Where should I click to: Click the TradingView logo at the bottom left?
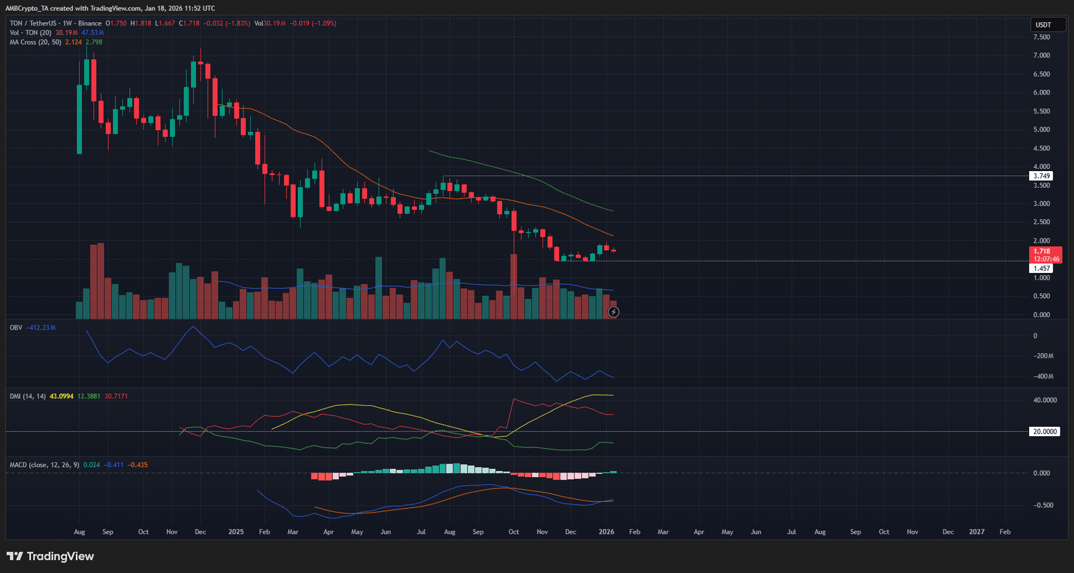click(x=50, y=556)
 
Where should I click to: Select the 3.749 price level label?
click(x=1041, y=176)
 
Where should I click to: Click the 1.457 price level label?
click(x=1041, y=268)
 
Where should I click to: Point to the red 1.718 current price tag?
click(x=1045, y=252)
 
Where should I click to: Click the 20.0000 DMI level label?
click(x=1044, y=431)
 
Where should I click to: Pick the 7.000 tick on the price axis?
click(x=1041, y=56)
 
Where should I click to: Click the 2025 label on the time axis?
click(x=236, y=532)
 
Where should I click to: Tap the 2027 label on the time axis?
click(x=976, y=532)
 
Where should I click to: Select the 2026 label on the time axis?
click(x=606, y=532)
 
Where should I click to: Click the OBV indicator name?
click(x=16, y=327)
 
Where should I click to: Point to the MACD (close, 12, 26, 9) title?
click(x=44, y=465)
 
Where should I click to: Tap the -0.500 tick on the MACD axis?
click(x=1042, y=505)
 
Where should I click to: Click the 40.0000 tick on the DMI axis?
click(x=1044, y=400)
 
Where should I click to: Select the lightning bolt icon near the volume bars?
click(x=614, y=312)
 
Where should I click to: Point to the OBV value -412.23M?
click(x=42, y=327)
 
